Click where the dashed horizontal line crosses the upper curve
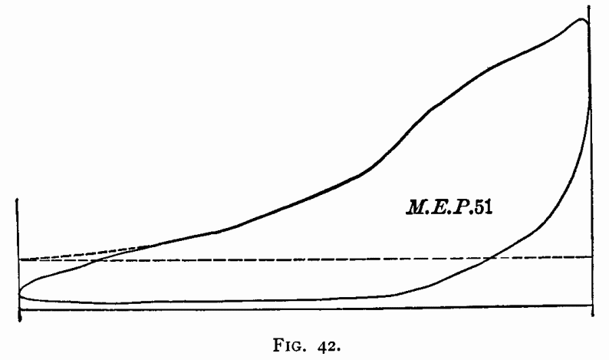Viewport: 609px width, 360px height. pos(92,260)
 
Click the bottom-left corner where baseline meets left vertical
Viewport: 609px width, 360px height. pos(18,309)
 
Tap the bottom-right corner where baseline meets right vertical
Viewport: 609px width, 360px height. pos(591,308)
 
